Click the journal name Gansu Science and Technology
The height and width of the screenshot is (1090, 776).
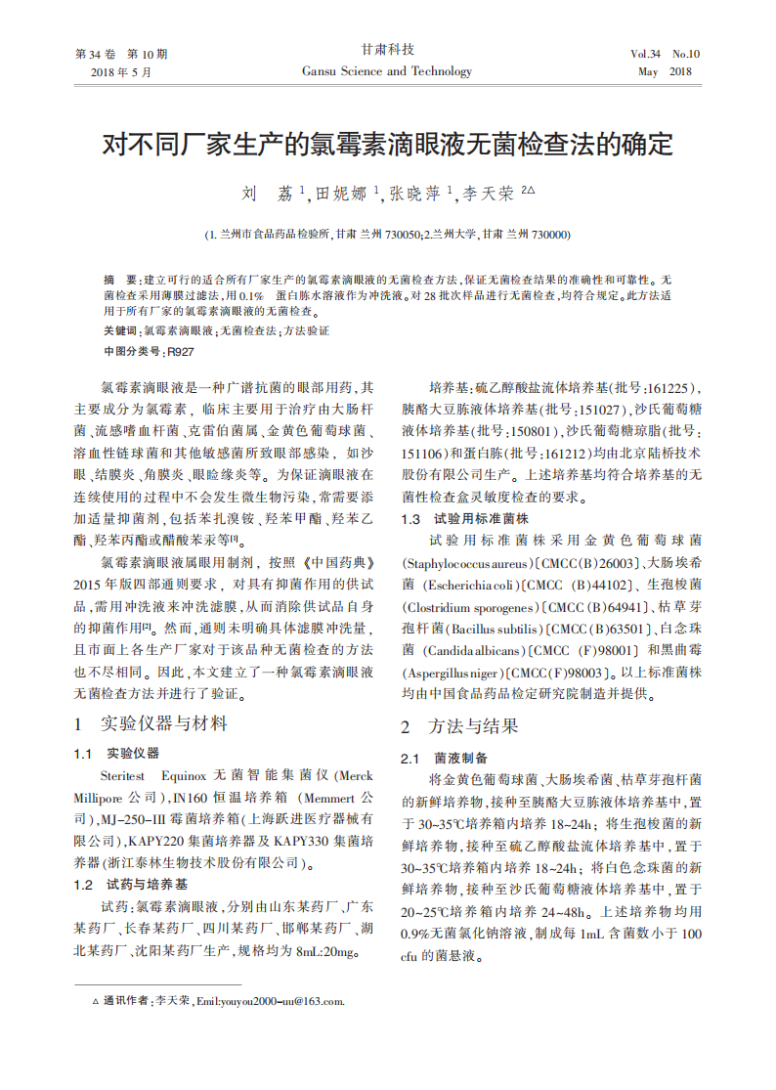pyautogui.click(x=387, y=71)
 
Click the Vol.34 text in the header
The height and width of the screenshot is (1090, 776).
pyautogui.click(x=646, y=54)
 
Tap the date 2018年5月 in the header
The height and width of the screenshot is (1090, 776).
pyautogui.click(x=121, y=72)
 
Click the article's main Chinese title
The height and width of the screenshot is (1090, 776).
pyautogui.click(x=388, y=146)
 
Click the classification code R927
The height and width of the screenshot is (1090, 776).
pyautogui.click(x=181, y=351)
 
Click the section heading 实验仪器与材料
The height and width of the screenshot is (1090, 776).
pyautogui.click(x=164, y=724)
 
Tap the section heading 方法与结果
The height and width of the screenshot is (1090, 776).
pyautogui.click(x=474, y=726)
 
